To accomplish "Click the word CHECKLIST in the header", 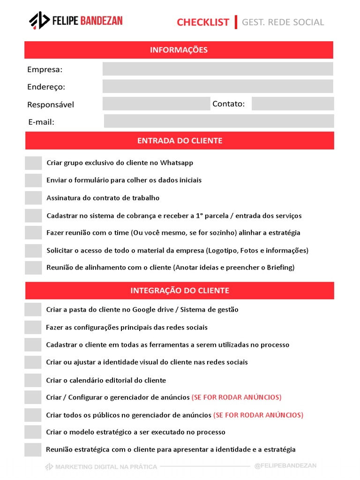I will pos(203,22).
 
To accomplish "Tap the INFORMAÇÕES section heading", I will pos(179,50).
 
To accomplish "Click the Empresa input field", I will pos(217,69).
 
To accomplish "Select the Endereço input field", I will pos(217,86).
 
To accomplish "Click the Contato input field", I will pos(292,104).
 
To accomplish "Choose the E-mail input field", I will pos(218,121).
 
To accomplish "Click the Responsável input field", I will pos(156,104).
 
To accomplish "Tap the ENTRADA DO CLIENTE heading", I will pos(180,141).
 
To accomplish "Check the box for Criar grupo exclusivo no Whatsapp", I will pos(33,163).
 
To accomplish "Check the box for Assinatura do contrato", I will pos(33,198).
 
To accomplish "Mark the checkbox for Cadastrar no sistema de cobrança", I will pos(33,216).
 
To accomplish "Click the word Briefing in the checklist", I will pos(280,268).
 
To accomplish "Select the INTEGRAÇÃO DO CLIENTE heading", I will pos(180,291).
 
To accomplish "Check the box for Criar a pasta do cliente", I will pos(33,309).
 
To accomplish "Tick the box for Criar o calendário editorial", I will pos(33,380).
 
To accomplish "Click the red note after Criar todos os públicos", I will pos(258,415).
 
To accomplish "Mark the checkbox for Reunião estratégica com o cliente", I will pos(33,450).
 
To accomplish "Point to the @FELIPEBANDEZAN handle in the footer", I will pos(285,465).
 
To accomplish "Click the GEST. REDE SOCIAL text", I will pos(283,22).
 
